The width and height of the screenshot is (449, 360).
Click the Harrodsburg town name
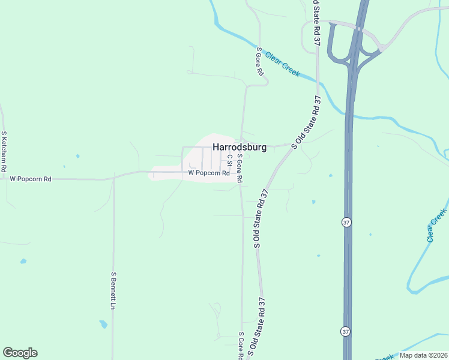point(240,146)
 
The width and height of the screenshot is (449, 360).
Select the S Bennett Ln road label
point(112,290)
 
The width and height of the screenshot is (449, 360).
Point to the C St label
point(229,160)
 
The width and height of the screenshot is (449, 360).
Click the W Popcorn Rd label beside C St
point(209,173)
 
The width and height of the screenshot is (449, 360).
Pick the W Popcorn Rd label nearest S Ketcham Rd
point(31,179)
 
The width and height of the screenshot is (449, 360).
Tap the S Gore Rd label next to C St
point(239,168)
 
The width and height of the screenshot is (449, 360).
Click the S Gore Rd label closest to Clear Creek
point(260,61)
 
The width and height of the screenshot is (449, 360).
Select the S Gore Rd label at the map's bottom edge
point(241,346)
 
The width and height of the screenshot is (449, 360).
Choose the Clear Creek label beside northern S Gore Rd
point(282,64)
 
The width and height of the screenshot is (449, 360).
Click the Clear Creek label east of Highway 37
point(437,226)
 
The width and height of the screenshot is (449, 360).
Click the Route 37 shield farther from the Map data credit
point(346,222)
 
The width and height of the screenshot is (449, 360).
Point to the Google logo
point(20,353)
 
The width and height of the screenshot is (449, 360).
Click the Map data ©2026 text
point(423,355)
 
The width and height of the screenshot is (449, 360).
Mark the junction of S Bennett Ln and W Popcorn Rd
point(113,178)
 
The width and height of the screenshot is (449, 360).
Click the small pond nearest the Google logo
point(23,262)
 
